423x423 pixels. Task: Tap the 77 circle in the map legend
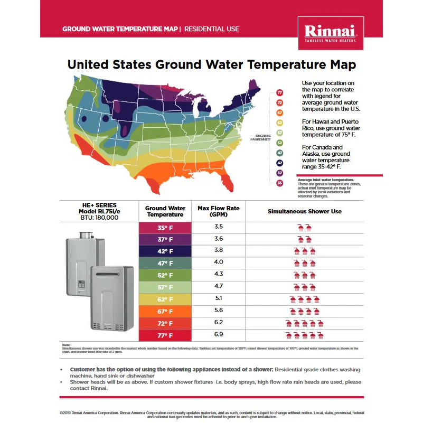tap(280, 92)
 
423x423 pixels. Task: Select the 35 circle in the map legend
tap(280, 183)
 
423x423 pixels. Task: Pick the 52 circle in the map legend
tap(280, 143)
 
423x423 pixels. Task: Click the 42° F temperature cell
tap(165, 251)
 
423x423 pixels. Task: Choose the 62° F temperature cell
tap(165, 299)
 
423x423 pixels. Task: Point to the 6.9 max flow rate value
tap(218, 335)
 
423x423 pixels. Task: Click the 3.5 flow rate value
tap(218, 227)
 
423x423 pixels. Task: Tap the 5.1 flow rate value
tap(218, 298)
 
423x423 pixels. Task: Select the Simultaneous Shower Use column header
tap(304, 211)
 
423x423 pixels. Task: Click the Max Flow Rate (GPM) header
tap(218, 211)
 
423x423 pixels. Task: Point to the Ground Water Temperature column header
tap(165, 211)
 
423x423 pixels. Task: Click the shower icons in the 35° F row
tap(304, 228)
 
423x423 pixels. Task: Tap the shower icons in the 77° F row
tap(304, 335)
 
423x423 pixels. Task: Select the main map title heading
tap(211, 65)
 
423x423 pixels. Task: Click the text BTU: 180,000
tap(99, 217)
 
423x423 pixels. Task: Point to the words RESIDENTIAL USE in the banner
tap(212, 29)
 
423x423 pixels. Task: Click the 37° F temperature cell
tap(165, 239)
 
